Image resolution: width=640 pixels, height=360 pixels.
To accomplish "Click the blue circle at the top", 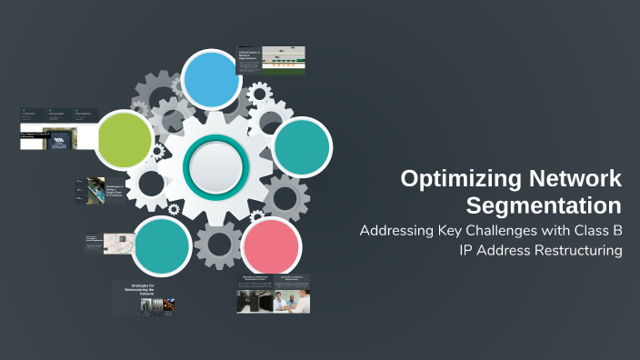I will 210,79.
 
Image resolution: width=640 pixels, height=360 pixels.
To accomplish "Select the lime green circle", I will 125,138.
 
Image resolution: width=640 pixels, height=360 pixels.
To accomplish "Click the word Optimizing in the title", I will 457,178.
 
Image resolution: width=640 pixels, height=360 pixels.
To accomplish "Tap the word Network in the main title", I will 572,178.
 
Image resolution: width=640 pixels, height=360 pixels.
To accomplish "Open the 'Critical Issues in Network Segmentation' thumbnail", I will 271,60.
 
